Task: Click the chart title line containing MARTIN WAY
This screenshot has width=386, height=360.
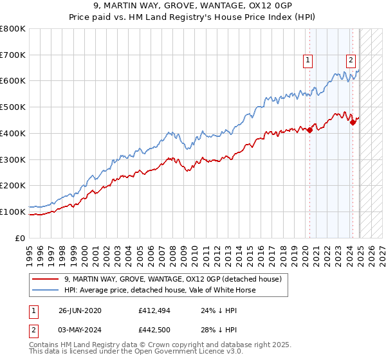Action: (193, 7)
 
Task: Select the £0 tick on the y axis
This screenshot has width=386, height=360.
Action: (21, 238)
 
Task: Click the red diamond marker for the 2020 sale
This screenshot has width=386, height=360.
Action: (309, 130)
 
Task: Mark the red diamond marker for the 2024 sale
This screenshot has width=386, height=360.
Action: (353, 122)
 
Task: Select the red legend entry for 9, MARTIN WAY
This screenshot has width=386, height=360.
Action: (173, 279)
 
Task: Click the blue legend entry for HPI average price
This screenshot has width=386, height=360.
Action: (160, 290)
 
